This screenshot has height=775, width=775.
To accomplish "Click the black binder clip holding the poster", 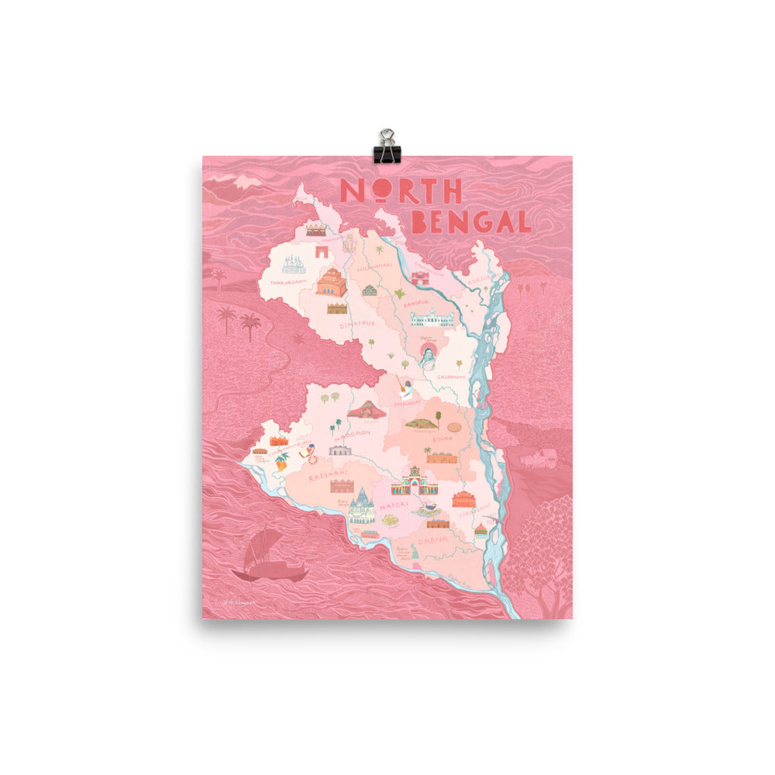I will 386,146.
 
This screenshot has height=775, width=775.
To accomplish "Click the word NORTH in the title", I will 401,191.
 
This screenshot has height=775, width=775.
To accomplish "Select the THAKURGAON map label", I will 284,283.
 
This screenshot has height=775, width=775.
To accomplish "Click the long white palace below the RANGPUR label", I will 432,319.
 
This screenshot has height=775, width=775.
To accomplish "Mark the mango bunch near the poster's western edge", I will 281,460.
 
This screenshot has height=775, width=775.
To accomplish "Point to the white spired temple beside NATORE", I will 361,508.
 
